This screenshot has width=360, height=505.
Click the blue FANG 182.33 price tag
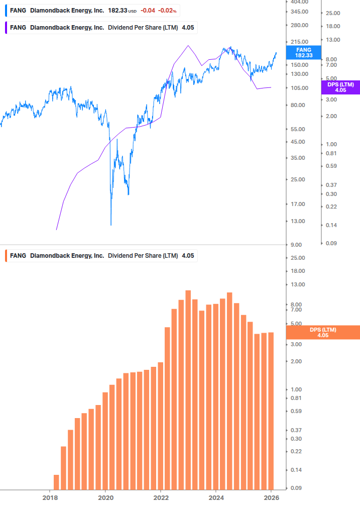304,52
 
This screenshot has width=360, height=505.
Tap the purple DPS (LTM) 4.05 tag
340,87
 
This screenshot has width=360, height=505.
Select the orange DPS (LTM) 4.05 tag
322,332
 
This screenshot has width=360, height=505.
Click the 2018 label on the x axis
50,498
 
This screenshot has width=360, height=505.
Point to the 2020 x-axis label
105,498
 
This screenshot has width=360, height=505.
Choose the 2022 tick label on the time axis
161,498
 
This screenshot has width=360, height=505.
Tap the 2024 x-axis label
216,498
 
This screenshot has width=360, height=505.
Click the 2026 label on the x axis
272,498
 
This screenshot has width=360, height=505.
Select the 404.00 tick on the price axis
300,2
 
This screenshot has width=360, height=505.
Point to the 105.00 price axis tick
300,88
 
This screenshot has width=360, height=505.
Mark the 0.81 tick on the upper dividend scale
331,153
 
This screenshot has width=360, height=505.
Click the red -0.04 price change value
148,11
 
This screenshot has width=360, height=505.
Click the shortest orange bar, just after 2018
56,482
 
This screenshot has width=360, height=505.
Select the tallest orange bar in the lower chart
188,390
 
